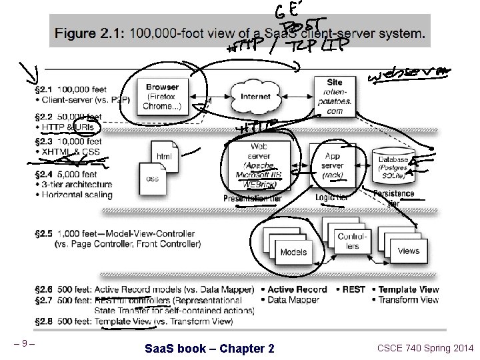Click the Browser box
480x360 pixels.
tap(162, 96)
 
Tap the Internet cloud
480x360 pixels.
tap(256, 97)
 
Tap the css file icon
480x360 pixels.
tap(153, 177)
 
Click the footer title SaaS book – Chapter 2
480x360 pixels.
tap(209, 348)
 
